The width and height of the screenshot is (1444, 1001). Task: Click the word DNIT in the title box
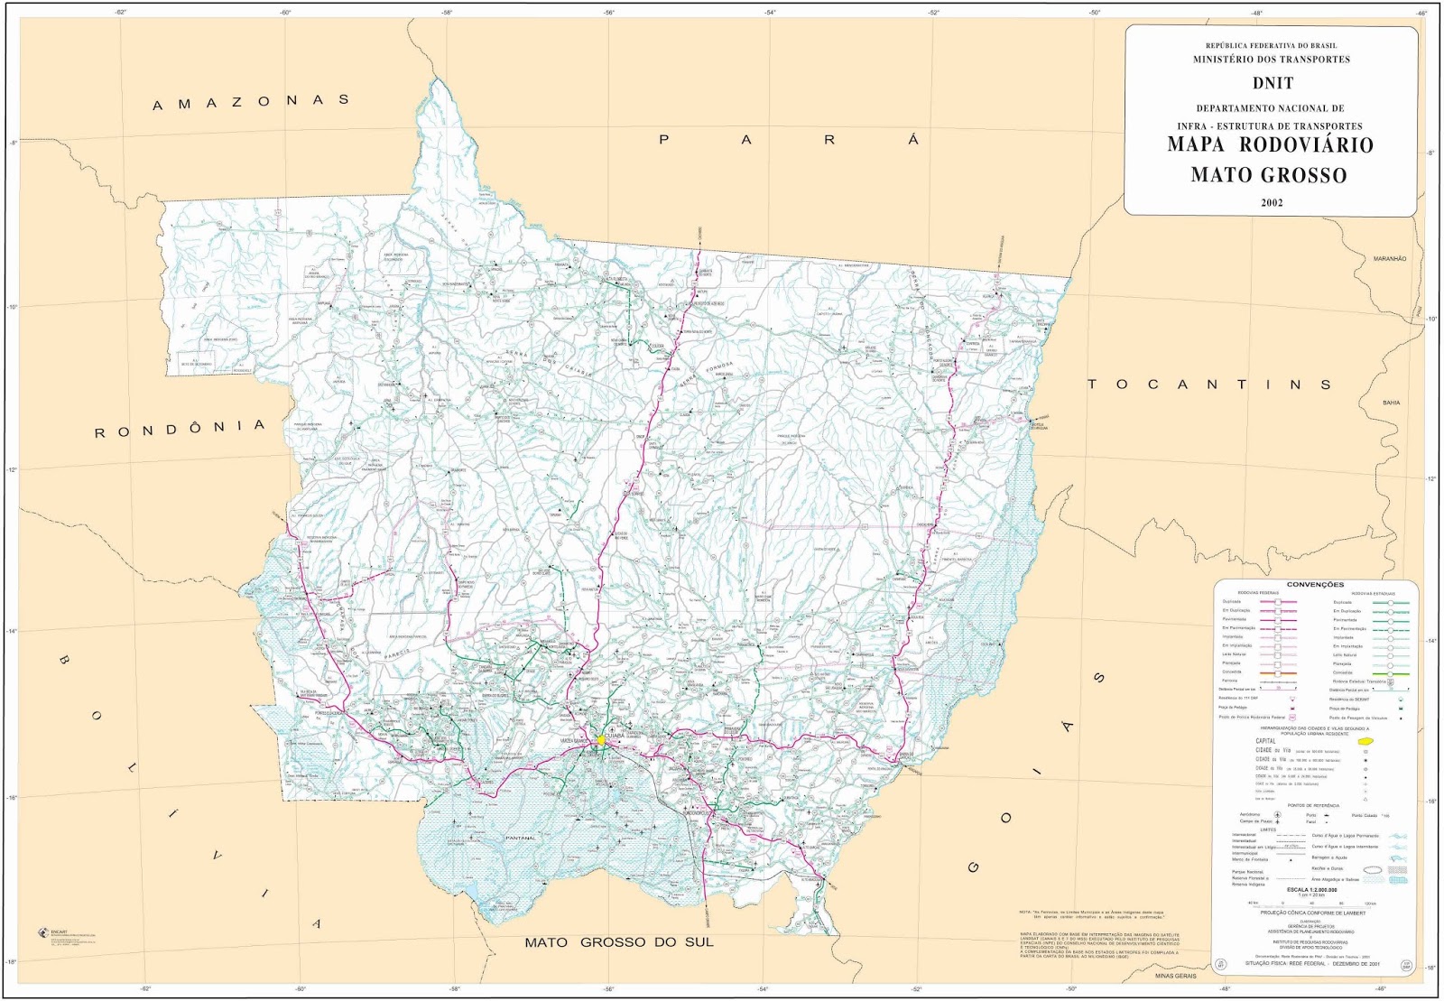coord(1273,83)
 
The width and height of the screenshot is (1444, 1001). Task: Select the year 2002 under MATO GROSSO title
coord(1272,202)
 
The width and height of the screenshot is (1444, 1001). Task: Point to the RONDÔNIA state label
coord(180,429)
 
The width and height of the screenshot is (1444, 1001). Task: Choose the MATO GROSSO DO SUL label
coord(619,942)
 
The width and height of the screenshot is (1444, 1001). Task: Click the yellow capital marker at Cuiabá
coord(601,740)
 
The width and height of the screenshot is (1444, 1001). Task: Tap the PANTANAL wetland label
coord(521,838)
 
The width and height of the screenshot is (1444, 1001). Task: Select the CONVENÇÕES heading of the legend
coord(1315,585)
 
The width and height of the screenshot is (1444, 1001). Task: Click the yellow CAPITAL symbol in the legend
coord(1364,741)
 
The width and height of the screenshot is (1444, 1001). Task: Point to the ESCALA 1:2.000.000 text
coord(1311,890)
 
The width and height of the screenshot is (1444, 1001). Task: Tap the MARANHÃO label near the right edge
coord(1390,259)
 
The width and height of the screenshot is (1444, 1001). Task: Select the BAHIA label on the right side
coord(1392,403)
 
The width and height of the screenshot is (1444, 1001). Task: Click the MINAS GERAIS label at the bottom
coord(1175,976)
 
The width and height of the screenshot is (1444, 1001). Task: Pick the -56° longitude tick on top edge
coord(609,13)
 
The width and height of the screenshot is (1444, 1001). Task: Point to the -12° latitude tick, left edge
coord(12,469)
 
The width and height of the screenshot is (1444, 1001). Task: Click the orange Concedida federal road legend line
coord(1277,672)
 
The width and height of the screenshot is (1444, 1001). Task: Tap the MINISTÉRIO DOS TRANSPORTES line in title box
coord(1272,60)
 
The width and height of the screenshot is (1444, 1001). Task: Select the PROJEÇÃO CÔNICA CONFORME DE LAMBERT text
coord(1312,913)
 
